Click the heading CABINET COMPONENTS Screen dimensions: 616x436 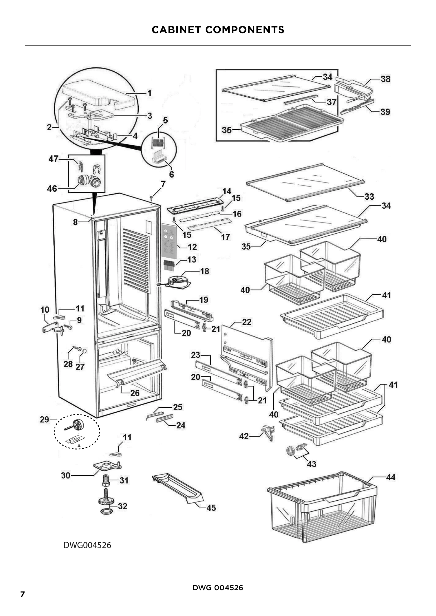(218, 30)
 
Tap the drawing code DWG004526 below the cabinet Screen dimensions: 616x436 (87, 545)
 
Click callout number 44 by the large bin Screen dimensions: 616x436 (391, 477)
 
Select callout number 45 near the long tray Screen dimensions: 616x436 (211, 507)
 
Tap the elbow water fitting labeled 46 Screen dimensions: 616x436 (89, 181)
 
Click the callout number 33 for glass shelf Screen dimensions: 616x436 (369, 196)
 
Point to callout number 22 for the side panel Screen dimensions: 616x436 (246, 322)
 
